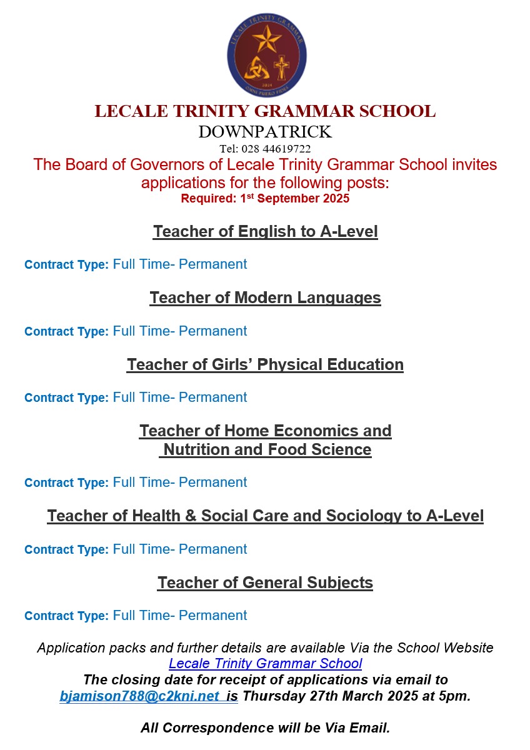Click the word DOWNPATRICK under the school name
pyautogui.click(x=265, y=132)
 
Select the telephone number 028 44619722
pyautogui.click(x=275, y=149)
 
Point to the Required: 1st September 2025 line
pyautogui.click(x=265, y=199)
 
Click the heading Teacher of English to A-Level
pyautogui.click(x=265, y=231)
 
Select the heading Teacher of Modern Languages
pyautogui.click(x=265, y=298)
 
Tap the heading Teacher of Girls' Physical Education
pyautogui.click(x=265, y=364)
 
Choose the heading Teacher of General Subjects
pyautogui.click(x=265, y=582)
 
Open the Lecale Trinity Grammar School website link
pyautogui.click(x=265, y=663)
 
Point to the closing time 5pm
pyautogui.click(x=456, y=696)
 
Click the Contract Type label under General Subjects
pyautogui.click(x=66, y=616)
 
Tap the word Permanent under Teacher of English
pyautogui.click(x=212, y=264)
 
